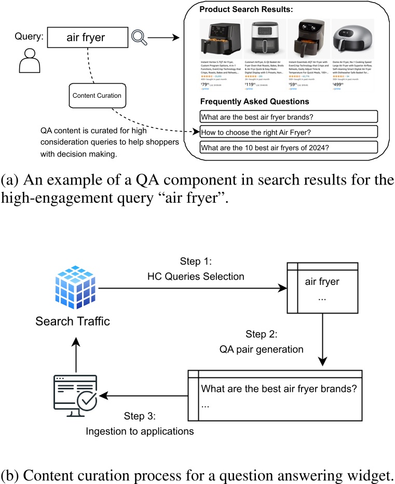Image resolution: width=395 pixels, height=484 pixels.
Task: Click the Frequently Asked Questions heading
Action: point(254,102)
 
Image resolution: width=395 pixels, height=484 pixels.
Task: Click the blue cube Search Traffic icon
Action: point(73,287)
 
